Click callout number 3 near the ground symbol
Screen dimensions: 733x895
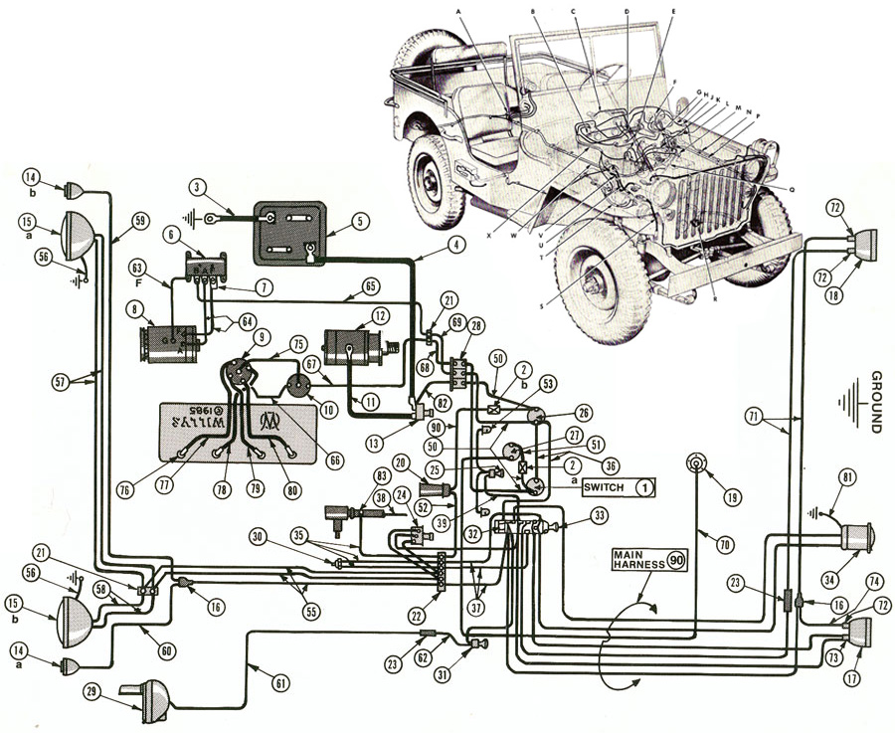[199, 186]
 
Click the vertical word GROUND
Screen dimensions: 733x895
[876, 402]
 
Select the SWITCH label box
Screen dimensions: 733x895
[620, 487]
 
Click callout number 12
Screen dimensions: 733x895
[379, 316]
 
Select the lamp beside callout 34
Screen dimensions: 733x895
[852, 538]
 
